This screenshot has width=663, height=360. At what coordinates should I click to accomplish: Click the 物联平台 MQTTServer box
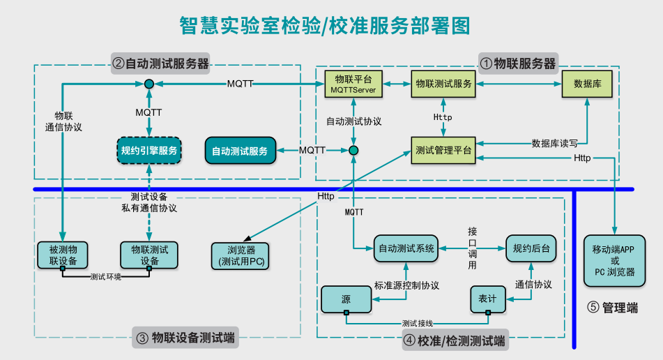[x=353, y=84]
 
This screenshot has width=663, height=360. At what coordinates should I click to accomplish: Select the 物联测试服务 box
[x=443, y=84]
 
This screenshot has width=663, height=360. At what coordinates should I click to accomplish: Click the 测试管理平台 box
[x=443, y=149]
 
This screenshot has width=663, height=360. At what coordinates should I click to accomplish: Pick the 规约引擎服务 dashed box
[x=149, y=150]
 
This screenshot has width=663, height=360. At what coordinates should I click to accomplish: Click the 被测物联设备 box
[x=63, y=255]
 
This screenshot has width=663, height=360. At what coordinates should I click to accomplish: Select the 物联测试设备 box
[x=149, y=255]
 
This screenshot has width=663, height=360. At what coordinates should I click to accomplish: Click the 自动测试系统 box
[x=406, y=248]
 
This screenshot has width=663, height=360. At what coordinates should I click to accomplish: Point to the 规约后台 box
[x=531, y=248]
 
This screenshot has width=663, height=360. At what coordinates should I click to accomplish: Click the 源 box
[x=346, y=299]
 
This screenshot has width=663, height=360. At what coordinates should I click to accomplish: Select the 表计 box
[x=487, y=299]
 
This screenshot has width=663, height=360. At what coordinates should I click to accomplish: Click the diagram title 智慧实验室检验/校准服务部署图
[x=325, y=26]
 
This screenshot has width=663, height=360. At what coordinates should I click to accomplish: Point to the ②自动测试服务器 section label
[x=161, y=63]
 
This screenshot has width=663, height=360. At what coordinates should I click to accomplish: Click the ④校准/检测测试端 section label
[x=455, y=341]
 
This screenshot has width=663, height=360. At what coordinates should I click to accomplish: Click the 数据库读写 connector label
[x=554, y=144]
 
